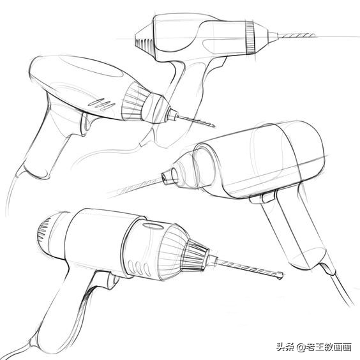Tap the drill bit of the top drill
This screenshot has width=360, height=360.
pos(281,36)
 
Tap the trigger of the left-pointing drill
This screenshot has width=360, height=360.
pos(260,199)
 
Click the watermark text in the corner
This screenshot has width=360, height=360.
pos(313,347)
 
